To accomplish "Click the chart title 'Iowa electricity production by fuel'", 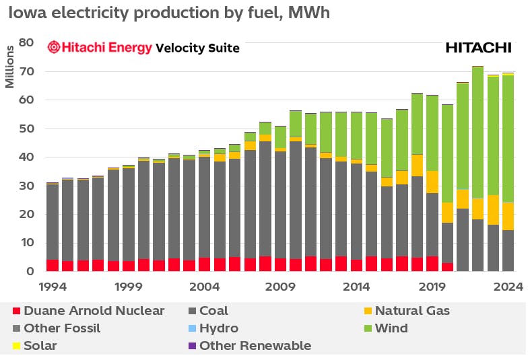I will (x=168, y=13).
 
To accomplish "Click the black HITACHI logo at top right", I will (x=478, y=47).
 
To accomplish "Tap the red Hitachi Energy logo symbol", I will (x=53, y=47).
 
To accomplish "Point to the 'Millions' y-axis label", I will (x=9, y=68).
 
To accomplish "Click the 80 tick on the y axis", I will (x=26, y=42).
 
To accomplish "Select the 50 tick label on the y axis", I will (x=26, y=129).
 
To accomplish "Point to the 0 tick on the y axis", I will (x=30, y=271).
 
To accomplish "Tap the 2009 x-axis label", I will (x=280, y=286).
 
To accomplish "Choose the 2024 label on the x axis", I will (x=508, y=286).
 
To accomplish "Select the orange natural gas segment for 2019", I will (x=432, y=182).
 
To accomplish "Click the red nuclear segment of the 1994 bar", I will (x=52, y=265).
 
